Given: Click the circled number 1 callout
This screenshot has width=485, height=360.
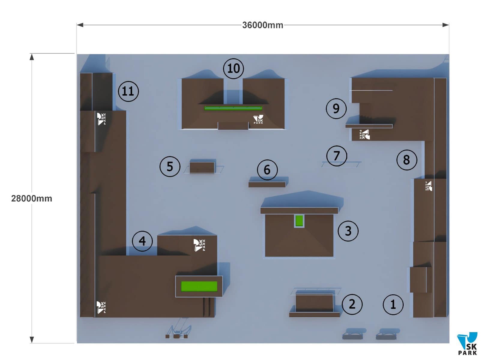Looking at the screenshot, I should (x=393, y=304).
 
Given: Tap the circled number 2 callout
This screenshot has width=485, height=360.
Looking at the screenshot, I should (x=352, y=304).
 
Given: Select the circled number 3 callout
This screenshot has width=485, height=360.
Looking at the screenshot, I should (x=348, y=231).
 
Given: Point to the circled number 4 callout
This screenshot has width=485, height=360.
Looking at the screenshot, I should (x=142, y=241).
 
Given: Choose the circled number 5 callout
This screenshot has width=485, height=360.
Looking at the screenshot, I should (x=170, y=166).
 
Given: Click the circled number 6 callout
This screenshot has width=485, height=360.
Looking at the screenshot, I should (x=267, y=170).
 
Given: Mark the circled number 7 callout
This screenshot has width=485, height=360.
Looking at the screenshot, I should (x=336, y=156).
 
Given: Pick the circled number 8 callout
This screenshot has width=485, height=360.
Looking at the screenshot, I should (x=406, y=160).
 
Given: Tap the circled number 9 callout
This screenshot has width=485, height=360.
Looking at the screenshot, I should (x=336, y=108).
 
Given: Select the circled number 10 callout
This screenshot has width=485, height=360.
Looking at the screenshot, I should (x=233, y=68).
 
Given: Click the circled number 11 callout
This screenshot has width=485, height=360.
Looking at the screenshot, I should (x=128, y=91).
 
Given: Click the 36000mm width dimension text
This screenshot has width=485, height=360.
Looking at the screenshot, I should (x=263, y=25).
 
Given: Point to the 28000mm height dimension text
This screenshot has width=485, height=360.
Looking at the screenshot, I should (x=32, y=198).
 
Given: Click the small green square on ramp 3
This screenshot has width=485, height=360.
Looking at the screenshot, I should (x=299, y=221).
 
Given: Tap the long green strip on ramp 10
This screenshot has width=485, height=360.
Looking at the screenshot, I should (x=233, y=108).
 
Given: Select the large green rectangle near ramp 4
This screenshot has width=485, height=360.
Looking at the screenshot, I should (x=199, y=286).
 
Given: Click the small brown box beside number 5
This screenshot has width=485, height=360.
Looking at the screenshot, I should (x=202, y=168).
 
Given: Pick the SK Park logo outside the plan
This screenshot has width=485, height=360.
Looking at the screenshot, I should (x=467, y=344).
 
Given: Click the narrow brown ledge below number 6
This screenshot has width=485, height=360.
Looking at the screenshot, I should (x=267, y=184).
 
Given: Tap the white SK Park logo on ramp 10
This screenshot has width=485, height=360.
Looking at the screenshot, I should (x=258, y=119).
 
